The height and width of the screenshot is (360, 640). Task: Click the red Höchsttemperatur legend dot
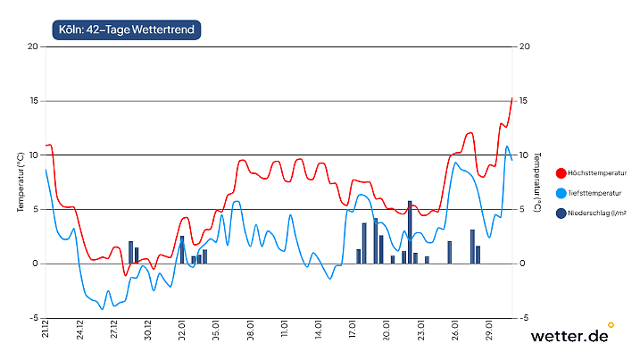pyautogui.click(x=561, y=173)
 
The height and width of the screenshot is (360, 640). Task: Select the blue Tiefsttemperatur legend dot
pyautogui.click(x=561, y=193)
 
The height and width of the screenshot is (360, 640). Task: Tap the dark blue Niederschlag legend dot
pyautogui.click(x=561, y=213)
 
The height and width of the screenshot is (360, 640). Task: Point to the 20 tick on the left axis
pyautogui.click(x=33, y=46)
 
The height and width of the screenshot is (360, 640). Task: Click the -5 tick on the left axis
pyautogui.click(x=34, y=318)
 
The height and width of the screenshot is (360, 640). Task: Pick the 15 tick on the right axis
pyautogui.click(x=524, y=101)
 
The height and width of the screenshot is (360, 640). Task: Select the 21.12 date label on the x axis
pyautogui.click(x=45, y=330)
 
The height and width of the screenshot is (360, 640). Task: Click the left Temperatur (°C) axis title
pyautogui.click(x=20, y=181)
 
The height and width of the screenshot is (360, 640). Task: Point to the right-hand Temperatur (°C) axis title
pyautogui.click(x=537, y=181)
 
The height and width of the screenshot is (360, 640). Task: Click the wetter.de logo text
pyautogui.click(x=569, y=337)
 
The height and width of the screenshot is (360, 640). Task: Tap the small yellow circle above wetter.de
pyautogui.click(x=611, y=325)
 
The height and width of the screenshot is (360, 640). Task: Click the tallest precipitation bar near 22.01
pyautogui.click(x=410, y=232)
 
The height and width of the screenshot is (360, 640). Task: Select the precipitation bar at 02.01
pyautogui.click(x=182, y=250)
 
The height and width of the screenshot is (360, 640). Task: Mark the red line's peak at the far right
pyautogui.click(x=511, y=98)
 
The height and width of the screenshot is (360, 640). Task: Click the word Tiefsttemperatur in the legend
pyautogui.click(x=597, y=193)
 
